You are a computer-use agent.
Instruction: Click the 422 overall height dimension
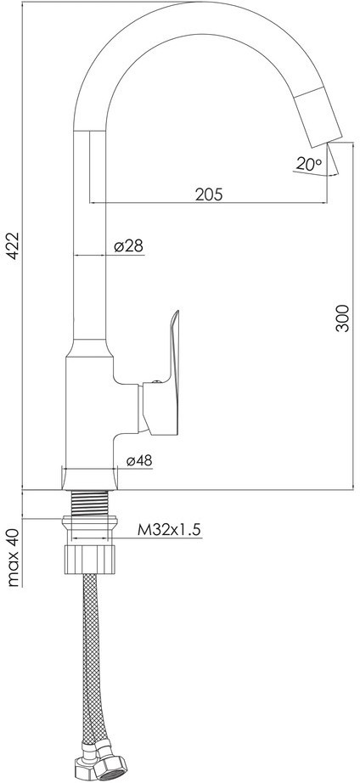pyautogui.click(x=13, y=245)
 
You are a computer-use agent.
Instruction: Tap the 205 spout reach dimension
pyautogui.click(x=209, y=194)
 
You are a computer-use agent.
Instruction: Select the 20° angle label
pyautogui.click(x=309, y=163)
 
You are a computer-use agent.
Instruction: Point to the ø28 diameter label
pyautogui.click(x=129, y=245)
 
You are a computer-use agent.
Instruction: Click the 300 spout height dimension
pyautogui.click(x=342, y=318)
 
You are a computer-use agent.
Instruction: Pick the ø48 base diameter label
pyautogui.click(x=138, y=461)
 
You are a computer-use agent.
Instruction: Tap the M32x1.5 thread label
pyautogui.click(x=169, y=529)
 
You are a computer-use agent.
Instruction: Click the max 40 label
pyautogui.click(x=14, y=557)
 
